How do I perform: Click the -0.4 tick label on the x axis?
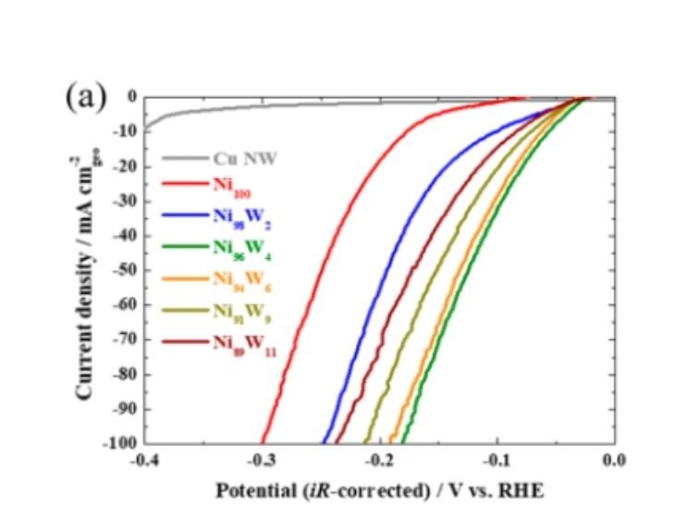[144, 460]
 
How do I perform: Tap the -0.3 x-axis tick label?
[262, 460]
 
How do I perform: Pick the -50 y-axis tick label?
[129, 270]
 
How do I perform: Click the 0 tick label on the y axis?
[135, 97]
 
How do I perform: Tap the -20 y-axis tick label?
[129, 166]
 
